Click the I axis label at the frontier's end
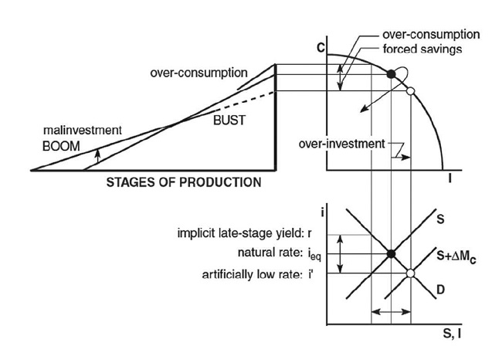pyautogui.click(x=449, y=178)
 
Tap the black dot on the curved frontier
pyautogui.click(x=391, y=73)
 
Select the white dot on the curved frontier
pyautogui.click(x=410, y=91)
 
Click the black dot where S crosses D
pyautogui.click(x=391, y=253)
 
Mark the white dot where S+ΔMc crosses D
pyautogui.click(x=410, y=273)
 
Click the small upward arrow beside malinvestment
pyautogui.click(x=97, y=155)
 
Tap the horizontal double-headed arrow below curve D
pyautogui.click(x=391, y=311)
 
